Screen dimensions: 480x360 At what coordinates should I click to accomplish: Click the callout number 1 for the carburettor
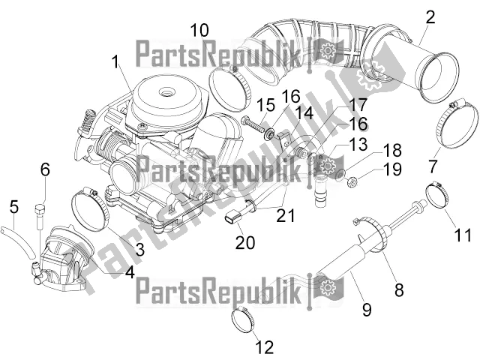tap(115, 61)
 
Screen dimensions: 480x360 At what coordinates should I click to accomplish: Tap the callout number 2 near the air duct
tap(430, 17)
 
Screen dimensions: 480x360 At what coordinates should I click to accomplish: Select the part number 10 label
tap(199, 30)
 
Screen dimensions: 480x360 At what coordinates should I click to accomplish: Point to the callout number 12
tap(265, 347)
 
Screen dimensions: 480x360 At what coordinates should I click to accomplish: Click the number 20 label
tap(245, 242)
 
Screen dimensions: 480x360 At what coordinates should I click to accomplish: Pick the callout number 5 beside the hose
tap(14, 207)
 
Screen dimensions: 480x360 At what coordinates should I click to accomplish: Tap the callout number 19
tap(392, 169)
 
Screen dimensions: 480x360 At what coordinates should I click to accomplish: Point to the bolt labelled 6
tap(39, 217)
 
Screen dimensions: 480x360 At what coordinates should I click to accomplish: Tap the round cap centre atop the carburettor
tap(166, 91)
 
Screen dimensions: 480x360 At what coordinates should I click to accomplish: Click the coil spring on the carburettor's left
tap(87, 121)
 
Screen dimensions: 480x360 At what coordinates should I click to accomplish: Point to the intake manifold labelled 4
tap(63, 259)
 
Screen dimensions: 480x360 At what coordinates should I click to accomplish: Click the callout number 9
tap(367, 309)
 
